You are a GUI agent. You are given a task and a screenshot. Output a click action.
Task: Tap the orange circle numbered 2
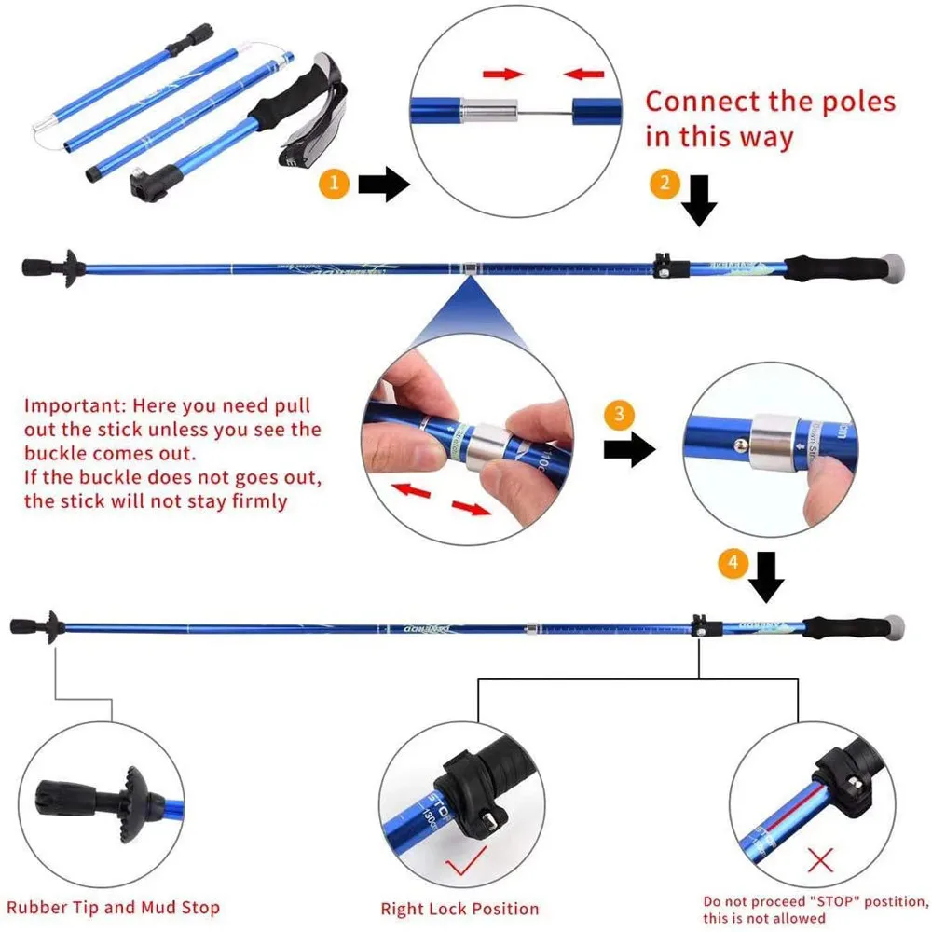coord(664,184)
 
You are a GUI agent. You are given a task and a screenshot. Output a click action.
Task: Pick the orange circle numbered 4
coord(734,562)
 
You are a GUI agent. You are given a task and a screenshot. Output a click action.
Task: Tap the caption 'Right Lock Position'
coord(459,908)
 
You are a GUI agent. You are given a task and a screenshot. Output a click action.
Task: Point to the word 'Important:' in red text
coord(75,405)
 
